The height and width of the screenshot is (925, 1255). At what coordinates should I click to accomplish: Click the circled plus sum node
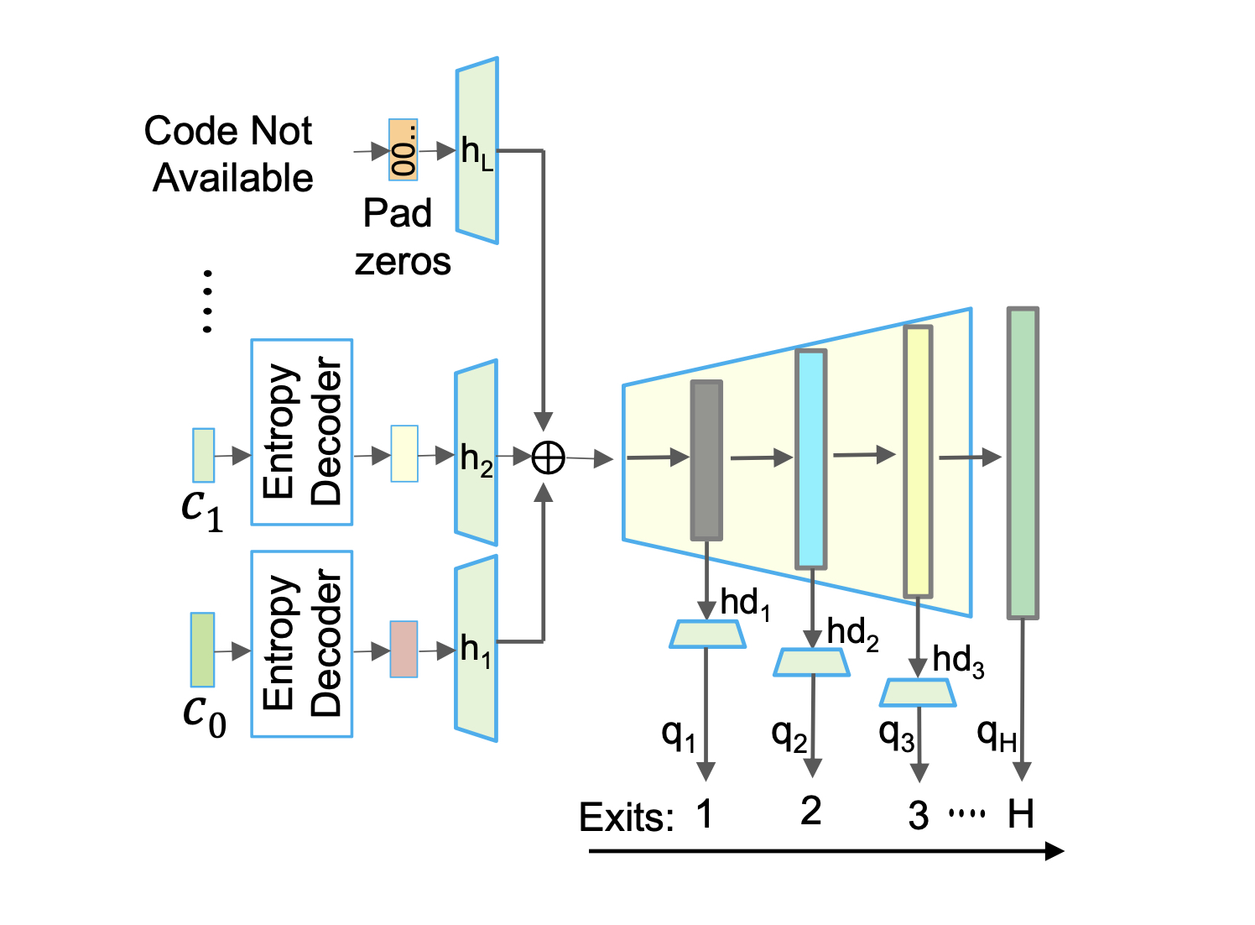[549, 457]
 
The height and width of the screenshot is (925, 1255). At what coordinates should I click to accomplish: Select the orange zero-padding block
[403, 149]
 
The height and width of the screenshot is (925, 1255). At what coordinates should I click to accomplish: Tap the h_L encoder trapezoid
[477, 151]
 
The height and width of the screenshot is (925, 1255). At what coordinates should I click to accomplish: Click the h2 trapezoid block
[476, 453]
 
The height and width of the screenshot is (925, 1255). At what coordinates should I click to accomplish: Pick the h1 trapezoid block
[476, 648]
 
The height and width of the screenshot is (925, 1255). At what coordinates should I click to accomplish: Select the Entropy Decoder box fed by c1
[302, 432]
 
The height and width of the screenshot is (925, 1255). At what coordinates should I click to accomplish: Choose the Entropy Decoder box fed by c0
[302, 644]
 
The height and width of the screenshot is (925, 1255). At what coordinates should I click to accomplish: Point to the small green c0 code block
[203, 650]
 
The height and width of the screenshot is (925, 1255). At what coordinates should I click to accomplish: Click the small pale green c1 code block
[204, 455]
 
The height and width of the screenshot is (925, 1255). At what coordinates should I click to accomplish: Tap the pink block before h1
[404, 649]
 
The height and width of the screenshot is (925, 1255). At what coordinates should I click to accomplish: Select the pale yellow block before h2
[404, 453]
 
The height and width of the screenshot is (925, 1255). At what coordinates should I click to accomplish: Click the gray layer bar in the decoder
[706, 460]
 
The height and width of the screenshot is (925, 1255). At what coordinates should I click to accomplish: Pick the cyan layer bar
[811, 458]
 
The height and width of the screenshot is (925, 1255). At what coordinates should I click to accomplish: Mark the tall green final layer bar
[1023, 463]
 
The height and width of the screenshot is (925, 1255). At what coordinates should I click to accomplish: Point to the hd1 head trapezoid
[707, 635]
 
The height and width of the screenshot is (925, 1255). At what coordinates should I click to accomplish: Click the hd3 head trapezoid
[918, 692]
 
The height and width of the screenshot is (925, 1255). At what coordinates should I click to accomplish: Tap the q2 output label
[789, 735]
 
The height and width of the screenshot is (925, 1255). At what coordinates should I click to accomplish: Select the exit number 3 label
[919, 815]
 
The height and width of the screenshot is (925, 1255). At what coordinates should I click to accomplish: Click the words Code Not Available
[230, 154]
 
